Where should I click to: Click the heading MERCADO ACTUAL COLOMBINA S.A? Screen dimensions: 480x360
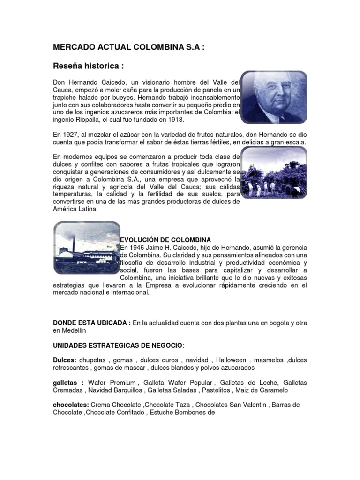[x=128, y=47]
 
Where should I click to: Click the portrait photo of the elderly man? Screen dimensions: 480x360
[x=274, y=97]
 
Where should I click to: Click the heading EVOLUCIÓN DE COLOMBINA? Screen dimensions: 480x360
[x=165, y=240]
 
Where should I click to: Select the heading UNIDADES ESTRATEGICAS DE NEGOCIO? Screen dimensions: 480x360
[x=119, y=345]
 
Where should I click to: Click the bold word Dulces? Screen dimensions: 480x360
[x=64, y=360]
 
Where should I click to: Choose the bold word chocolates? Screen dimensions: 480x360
[x=71, y=405]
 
